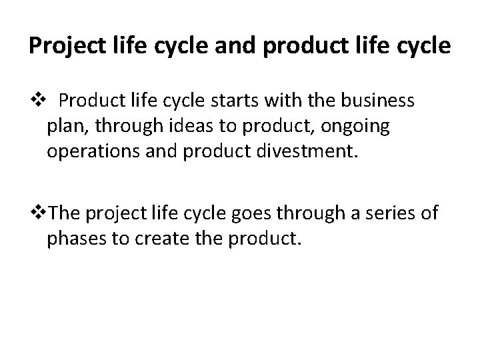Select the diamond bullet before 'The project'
[42, 213]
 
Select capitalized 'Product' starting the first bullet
[85, 101]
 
